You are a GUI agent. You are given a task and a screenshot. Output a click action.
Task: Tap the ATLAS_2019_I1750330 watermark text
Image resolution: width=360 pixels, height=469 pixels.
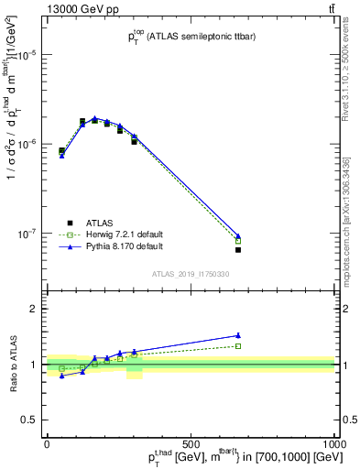tap(190, 274)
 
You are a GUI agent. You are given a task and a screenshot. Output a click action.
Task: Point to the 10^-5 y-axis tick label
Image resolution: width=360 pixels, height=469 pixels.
tap(27, 55)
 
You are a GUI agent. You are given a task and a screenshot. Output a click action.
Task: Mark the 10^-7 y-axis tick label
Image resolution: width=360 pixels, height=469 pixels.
tap(27, 234)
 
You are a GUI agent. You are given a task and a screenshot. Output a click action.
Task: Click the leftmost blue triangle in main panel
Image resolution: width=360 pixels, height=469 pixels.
tap(61, 156)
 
